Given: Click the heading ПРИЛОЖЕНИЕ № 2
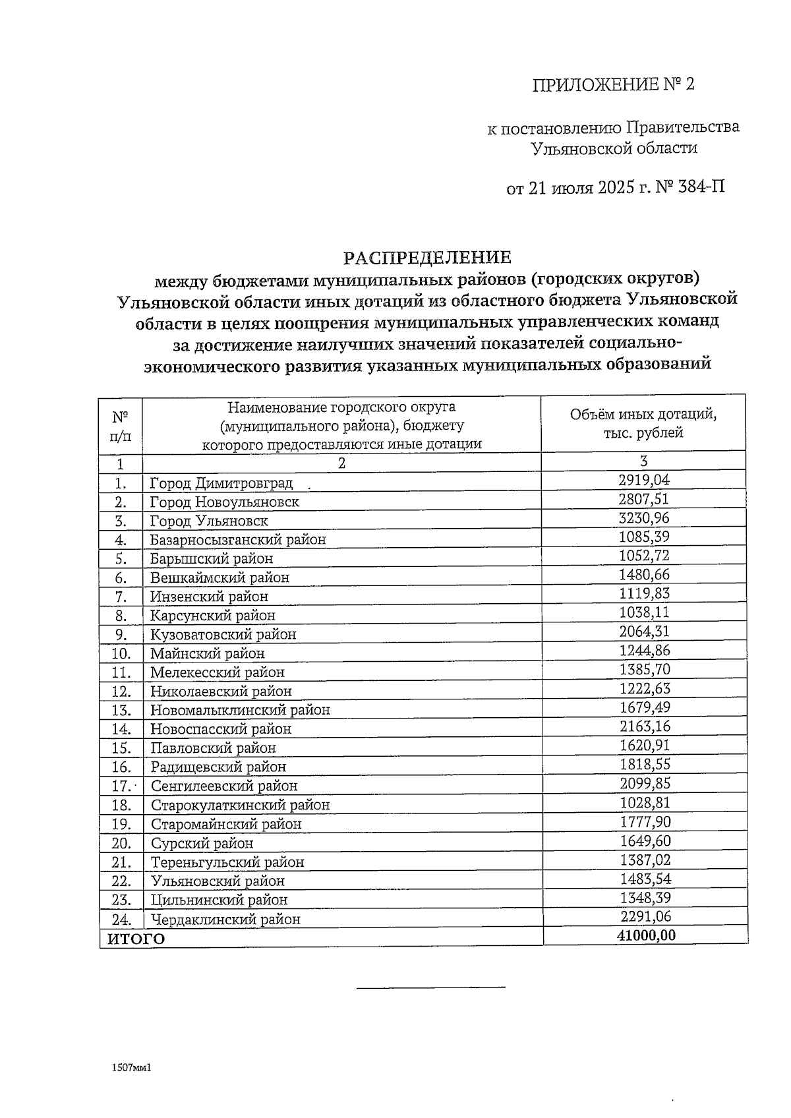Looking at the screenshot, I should pos(613,85).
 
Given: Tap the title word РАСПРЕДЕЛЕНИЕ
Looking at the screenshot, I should pos(428,257).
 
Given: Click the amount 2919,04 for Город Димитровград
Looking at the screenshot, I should pos(643,480).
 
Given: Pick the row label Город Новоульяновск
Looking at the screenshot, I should pos(224,502).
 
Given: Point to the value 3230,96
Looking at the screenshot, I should pos(643,518).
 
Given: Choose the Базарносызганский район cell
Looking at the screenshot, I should pos(238,540).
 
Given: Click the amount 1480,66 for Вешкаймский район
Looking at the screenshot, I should pos(643,575).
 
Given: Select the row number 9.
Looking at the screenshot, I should pos(121,635).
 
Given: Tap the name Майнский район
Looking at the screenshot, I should pos(207,654).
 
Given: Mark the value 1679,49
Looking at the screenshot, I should pos(643,708).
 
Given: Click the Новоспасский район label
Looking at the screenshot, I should pos(220,729).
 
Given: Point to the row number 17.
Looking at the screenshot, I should pos(121,786).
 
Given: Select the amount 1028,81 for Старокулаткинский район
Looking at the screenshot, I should pos(643,803).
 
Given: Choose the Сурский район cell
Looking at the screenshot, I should pos(202,844).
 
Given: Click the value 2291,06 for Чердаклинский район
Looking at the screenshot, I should pos(643,917).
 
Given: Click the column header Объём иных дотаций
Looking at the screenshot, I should pos(643,415).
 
